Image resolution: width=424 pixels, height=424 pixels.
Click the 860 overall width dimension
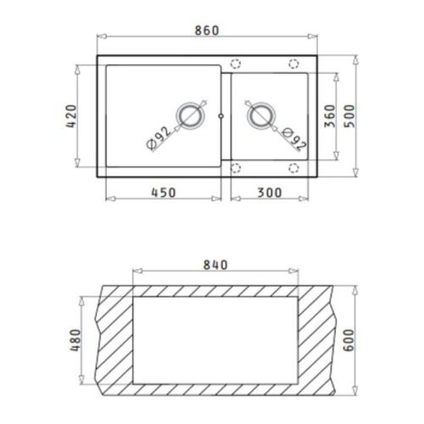(x=206, y=31)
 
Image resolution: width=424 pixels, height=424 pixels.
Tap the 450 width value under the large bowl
(x=163, y=192)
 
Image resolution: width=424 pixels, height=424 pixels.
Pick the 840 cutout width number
(x=216, y=265)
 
